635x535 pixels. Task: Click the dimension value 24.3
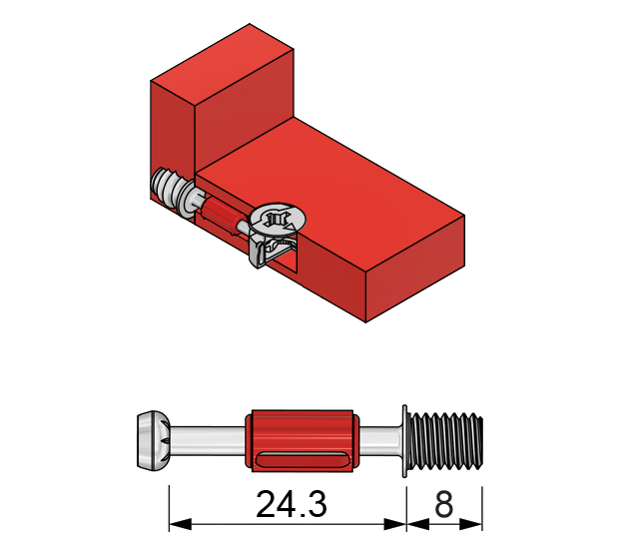pos(291,505)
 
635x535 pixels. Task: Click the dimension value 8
pos(443,505)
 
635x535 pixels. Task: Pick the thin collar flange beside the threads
pos(404,438)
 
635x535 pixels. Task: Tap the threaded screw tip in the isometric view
pos(171,190)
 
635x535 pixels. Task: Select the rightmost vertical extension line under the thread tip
pos(483,504)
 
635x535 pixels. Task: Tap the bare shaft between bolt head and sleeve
pos(205,438)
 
